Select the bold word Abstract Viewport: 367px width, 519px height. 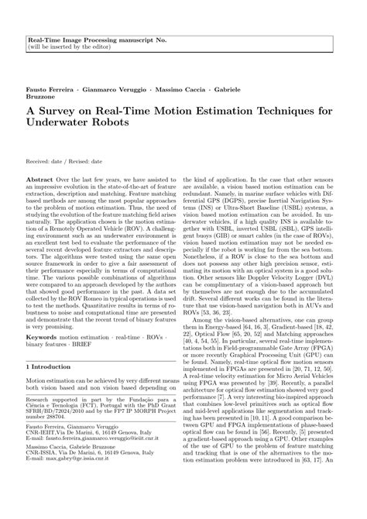pos(40,178)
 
